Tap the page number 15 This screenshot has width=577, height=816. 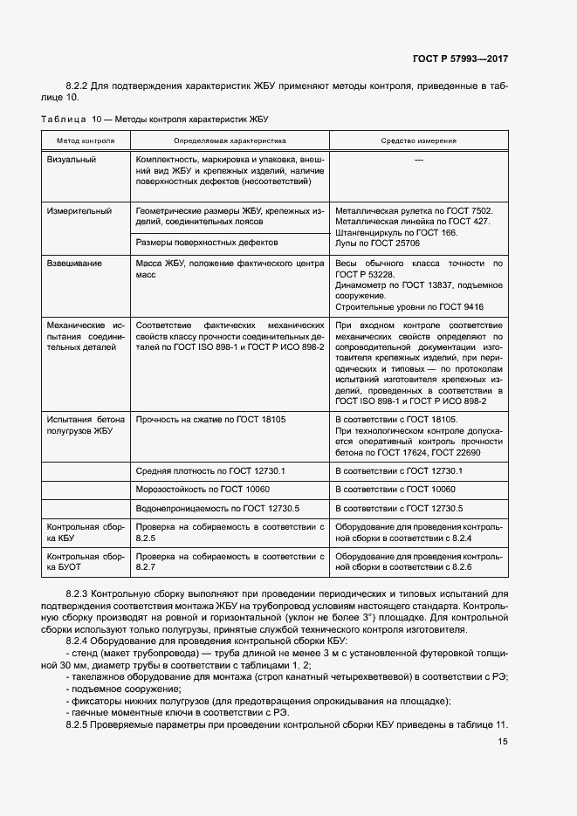click(502, 742)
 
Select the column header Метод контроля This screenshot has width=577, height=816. click(86, 141)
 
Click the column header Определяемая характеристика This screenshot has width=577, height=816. click(230, 141)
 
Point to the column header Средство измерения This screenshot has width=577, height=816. click(418, 141)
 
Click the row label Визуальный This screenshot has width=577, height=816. click(71, 160)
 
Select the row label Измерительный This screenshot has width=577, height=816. click(79, 211)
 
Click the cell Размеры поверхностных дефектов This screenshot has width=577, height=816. click(207, 242)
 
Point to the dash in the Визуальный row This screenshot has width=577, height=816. click(418, 161)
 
